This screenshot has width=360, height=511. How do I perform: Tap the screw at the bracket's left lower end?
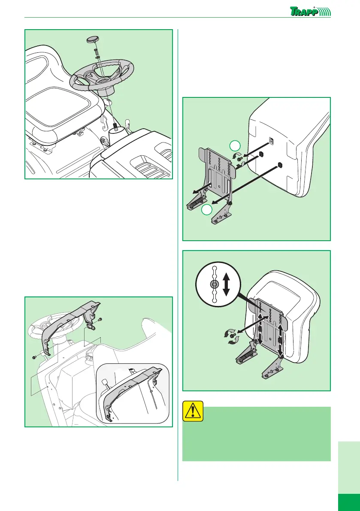point(34,357)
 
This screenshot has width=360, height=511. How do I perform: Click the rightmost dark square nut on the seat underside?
point(280,164)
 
